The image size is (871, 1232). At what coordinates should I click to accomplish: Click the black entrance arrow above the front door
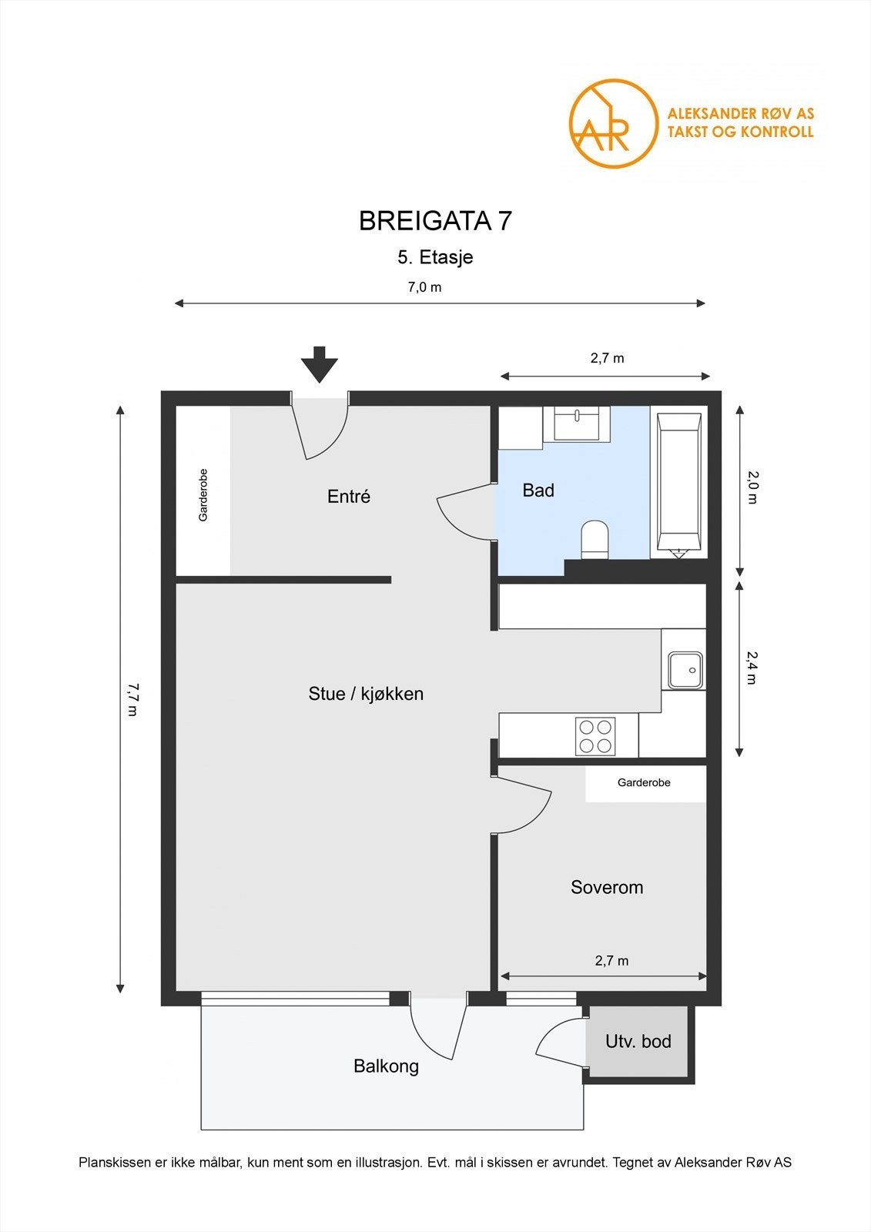pos(319,364)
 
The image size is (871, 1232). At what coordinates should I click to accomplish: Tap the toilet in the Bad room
pos(595,540)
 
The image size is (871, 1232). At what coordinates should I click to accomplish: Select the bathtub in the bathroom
pos(679,482)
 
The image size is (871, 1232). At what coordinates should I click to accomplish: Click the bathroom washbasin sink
pos(577,423)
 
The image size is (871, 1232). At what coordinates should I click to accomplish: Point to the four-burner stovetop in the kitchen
pos(595,736)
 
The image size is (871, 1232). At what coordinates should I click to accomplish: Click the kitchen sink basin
pos(685,671)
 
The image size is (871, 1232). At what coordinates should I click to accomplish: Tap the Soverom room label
pos(607,887)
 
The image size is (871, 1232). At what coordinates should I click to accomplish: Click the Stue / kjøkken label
pos(366,694)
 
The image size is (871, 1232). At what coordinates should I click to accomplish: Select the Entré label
pos(349,496)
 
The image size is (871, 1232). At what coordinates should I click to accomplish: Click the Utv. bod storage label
pos(638,1041)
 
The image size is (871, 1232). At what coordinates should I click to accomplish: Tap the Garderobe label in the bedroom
pos(644,782)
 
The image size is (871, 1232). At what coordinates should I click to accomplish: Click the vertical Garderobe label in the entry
pos(203,495)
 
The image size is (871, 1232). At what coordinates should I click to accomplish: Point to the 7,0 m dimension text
pos(424,287)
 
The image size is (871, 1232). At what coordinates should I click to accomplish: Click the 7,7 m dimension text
pos(132,700)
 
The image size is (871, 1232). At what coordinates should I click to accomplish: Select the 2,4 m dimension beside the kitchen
pos(752,668)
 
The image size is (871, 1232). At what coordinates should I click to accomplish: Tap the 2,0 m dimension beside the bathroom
pos(752,487)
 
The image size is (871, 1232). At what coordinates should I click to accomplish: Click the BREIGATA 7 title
pos(435,221)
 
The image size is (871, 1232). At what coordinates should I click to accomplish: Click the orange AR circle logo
pos(613,123)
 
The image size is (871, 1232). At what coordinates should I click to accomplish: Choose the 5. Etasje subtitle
pos(435,257)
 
